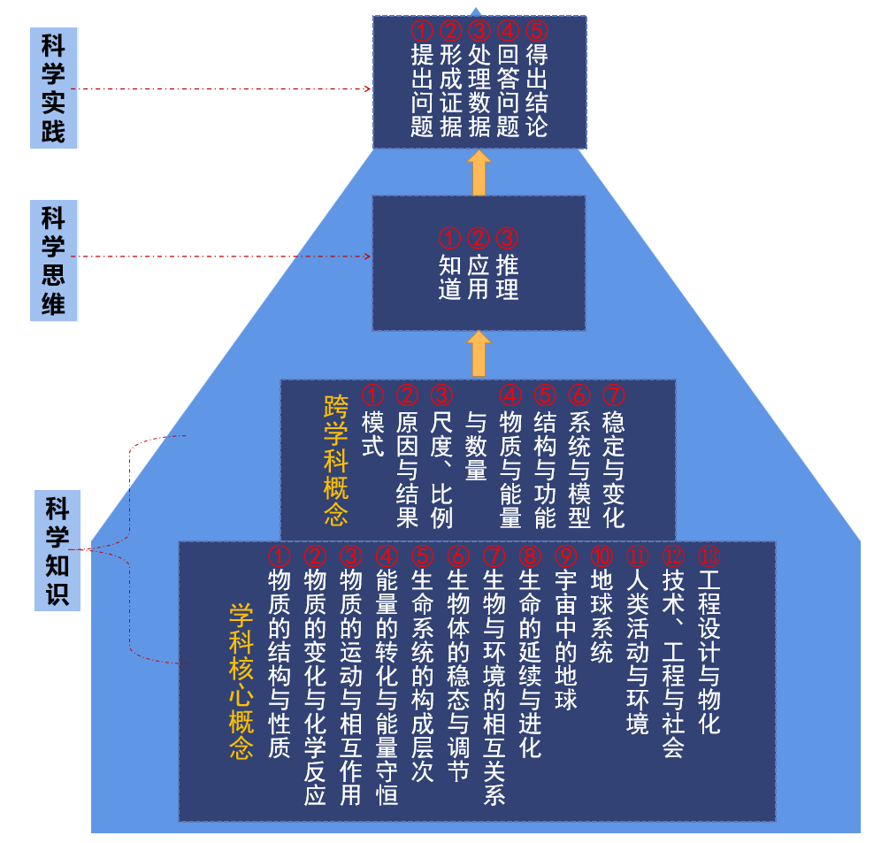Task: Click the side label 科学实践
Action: tap(54, 88)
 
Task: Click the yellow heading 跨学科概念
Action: tap(336, 460)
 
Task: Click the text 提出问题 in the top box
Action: tap(423, 91)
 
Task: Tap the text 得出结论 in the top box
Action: tap(537, 91)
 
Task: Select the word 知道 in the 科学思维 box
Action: tap(450, 277)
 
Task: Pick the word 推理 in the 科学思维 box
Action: tap(507, 277)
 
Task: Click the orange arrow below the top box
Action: tap(479, 172)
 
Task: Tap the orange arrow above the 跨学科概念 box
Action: tap(479, 354)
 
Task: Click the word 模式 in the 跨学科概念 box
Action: tap(373, 433)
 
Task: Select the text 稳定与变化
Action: tap(613, 468)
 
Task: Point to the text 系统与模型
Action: tap(579, 468)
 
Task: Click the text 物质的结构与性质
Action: tap(279, 663)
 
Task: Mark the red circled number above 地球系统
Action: tap(602, 556)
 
